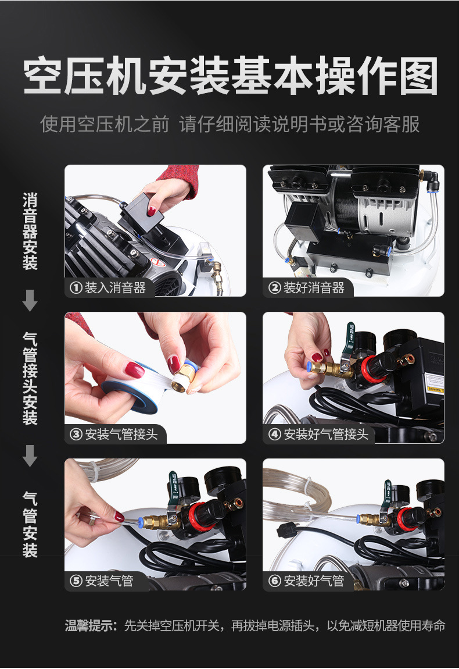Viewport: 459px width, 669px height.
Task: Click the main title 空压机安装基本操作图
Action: [x=229, y=76]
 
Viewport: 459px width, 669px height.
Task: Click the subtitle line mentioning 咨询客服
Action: [x=229, y=124]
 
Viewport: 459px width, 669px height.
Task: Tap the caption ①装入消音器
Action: [x=109, y=287]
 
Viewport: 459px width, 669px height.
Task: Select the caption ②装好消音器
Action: [x=307, y=287]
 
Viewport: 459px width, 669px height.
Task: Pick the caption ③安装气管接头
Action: [x=114, y=434]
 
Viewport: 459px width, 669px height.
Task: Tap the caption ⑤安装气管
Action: [x=103, y=581]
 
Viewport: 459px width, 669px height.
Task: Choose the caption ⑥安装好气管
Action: [x=307, y=581]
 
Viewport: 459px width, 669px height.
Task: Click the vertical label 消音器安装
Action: [x=30, y=232]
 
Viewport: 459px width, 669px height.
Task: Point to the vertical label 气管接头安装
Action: [x=30, y=378]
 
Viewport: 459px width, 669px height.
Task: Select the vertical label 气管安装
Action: [x=30, y=524]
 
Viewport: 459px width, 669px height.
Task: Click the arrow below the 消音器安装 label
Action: [x=30, y=301]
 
